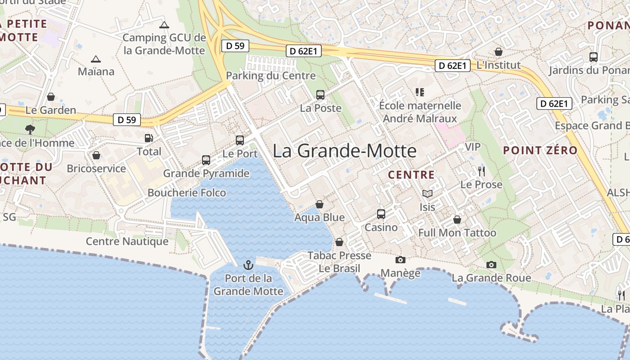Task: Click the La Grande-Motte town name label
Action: tap(344, 151)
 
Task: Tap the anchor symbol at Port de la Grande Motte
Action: tap(248, 265)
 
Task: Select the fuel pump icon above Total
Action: tap(148, 138)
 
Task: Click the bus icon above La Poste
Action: tap(320, 95)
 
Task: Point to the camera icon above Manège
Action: tap(400, 260)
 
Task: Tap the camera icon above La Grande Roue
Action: tap(491, 265)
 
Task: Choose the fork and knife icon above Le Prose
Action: tap(481, 171)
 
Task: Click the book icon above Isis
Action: tap(427, 194)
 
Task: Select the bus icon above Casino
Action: tap(381, 214)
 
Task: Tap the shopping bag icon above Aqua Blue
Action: tap(319, 204)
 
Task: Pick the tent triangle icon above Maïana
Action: tap(95, 59)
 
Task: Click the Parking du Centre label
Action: tap(270, 76)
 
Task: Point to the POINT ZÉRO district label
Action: tap(540, 151)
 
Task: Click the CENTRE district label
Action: tap(411, 175)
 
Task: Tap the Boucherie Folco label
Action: tap(187, 193)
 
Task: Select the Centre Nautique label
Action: tap(127, 241)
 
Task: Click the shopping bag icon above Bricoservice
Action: tap(96, 156)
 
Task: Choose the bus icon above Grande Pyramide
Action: tap(206, 160)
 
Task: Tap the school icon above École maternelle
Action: tap(420, 92)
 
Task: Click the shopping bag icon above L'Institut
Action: tap(498, 52)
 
